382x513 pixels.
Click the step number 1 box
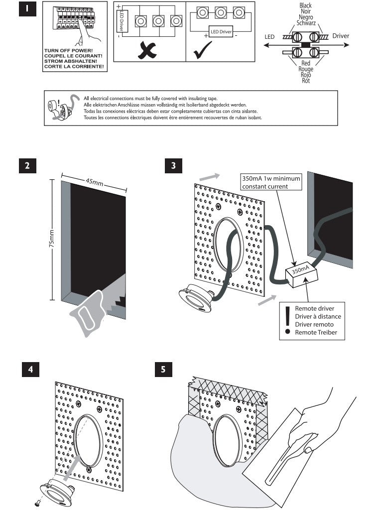click(27, 9)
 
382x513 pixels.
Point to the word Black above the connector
click(305, 5)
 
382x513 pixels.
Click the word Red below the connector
click(305, 64)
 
